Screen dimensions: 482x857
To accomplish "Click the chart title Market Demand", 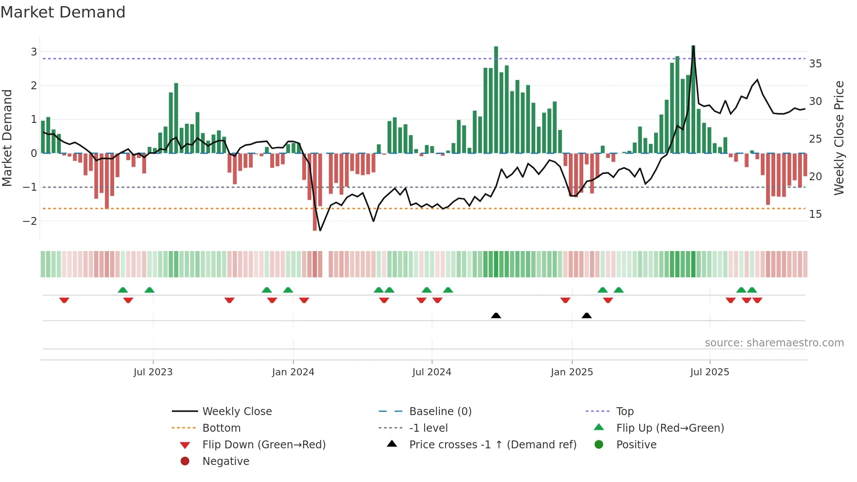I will coord(63,12).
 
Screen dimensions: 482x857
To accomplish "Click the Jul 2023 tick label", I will coord(153,372).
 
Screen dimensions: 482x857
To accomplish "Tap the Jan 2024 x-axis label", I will coord(293,372).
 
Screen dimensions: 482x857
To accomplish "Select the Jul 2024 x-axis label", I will coord(432,372).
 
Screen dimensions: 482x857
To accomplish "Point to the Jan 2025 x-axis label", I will coord(571,372).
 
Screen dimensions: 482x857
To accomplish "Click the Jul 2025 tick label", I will coord(710,372).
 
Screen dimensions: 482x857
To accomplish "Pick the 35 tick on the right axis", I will coord(815,64).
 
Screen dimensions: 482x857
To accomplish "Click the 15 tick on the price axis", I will coord(815,214).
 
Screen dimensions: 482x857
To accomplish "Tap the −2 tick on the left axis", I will coord(30,221).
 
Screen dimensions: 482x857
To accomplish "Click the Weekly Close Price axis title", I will coord(839,138).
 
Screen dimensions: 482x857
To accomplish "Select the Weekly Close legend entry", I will coord(237,412).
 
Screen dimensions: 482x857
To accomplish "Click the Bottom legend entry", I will coord(221,428).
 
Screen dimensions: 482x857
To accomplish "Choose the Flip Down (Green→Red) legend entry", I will coord(264,445).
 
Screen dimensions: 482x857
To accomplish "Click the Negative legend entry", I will coord(226,461).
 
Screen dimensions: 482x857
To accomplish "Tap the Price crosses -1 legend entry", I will coord(492,445).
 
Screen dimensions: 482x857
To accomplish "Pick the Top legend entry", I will coord(624,412).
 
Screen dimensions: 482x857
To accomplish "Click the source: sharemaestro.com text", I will coord(774,343).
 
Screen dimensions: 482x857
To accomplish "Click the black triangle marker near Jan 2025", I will coord(587,315).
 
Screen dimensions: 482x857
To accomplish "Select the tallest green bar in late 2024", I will coord(496,100).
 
